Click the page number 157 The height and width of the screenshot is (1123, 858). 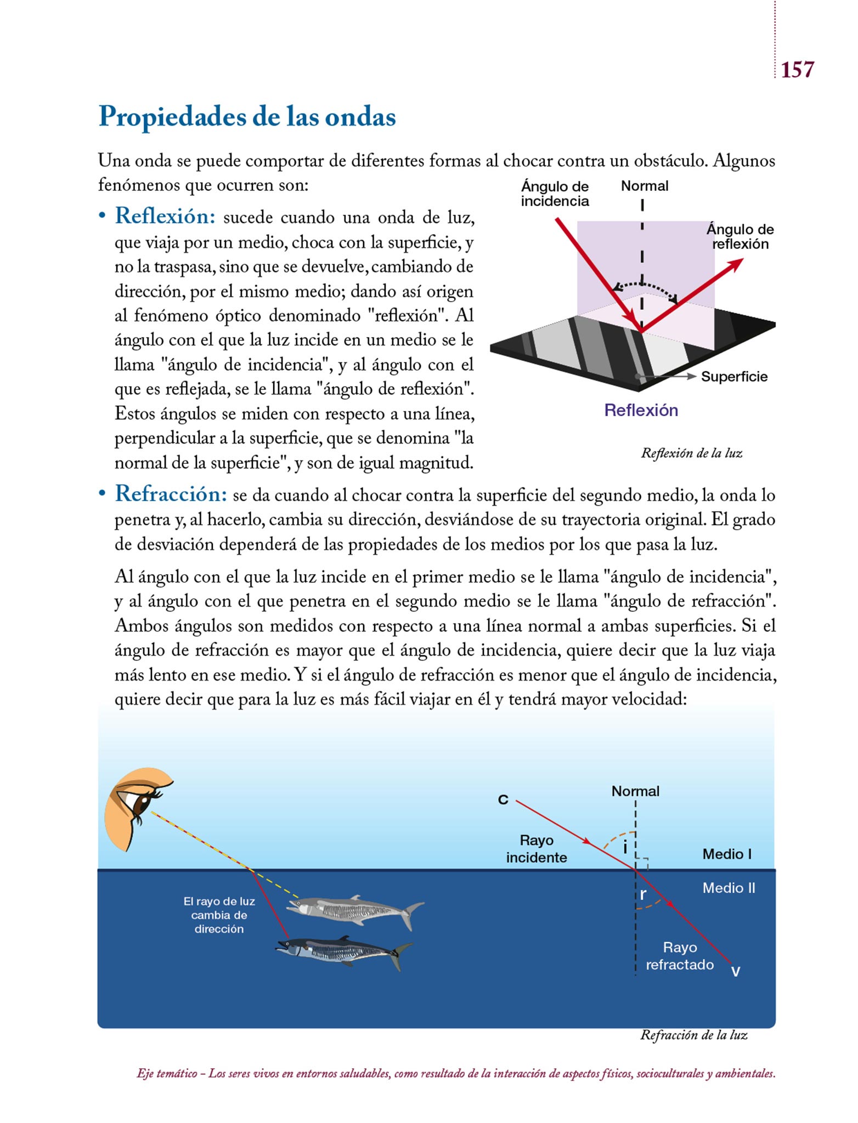[797, 70]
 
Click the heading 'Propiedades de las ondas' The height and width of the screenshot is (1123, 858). [247, 117]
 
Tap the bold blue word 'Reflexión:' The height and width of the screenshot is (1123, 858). [165, 216]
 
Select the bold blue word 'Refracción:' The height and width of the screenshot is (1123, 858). [171, 494]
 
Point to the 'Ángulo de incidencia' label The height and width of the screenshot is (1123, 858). [555, 194]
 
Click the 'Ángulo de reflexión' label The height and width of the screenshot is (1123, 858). [740, 236]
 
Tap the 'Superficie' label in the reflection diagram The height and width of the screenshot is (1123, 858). [734, 377]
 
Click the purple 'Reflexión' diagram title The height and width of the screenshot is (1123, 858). [641, 410]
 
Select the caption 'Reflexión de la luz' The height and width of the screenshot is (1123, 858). [691, 453]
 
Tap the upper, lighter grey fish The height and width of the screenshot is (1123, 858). [354, 911]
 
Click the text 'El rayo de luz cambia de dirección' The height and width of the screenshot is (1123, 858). [219, 915]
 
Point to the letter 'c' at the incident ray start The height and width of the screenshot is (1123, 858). [503, 799]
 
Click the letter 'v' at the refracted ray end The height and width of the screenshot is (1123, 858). [736, 971]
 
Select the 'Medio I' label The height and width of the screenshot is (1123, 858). [727, 854]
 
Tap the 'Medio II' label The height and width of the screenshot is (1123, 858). [729, 888]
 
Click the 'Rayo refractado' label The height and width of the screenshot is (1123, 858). [680, 956]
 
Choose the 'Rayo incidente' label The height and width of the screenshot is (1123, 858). [537, 849]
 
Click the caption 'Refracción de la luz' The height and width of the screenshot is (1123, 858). [693, 1035]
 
